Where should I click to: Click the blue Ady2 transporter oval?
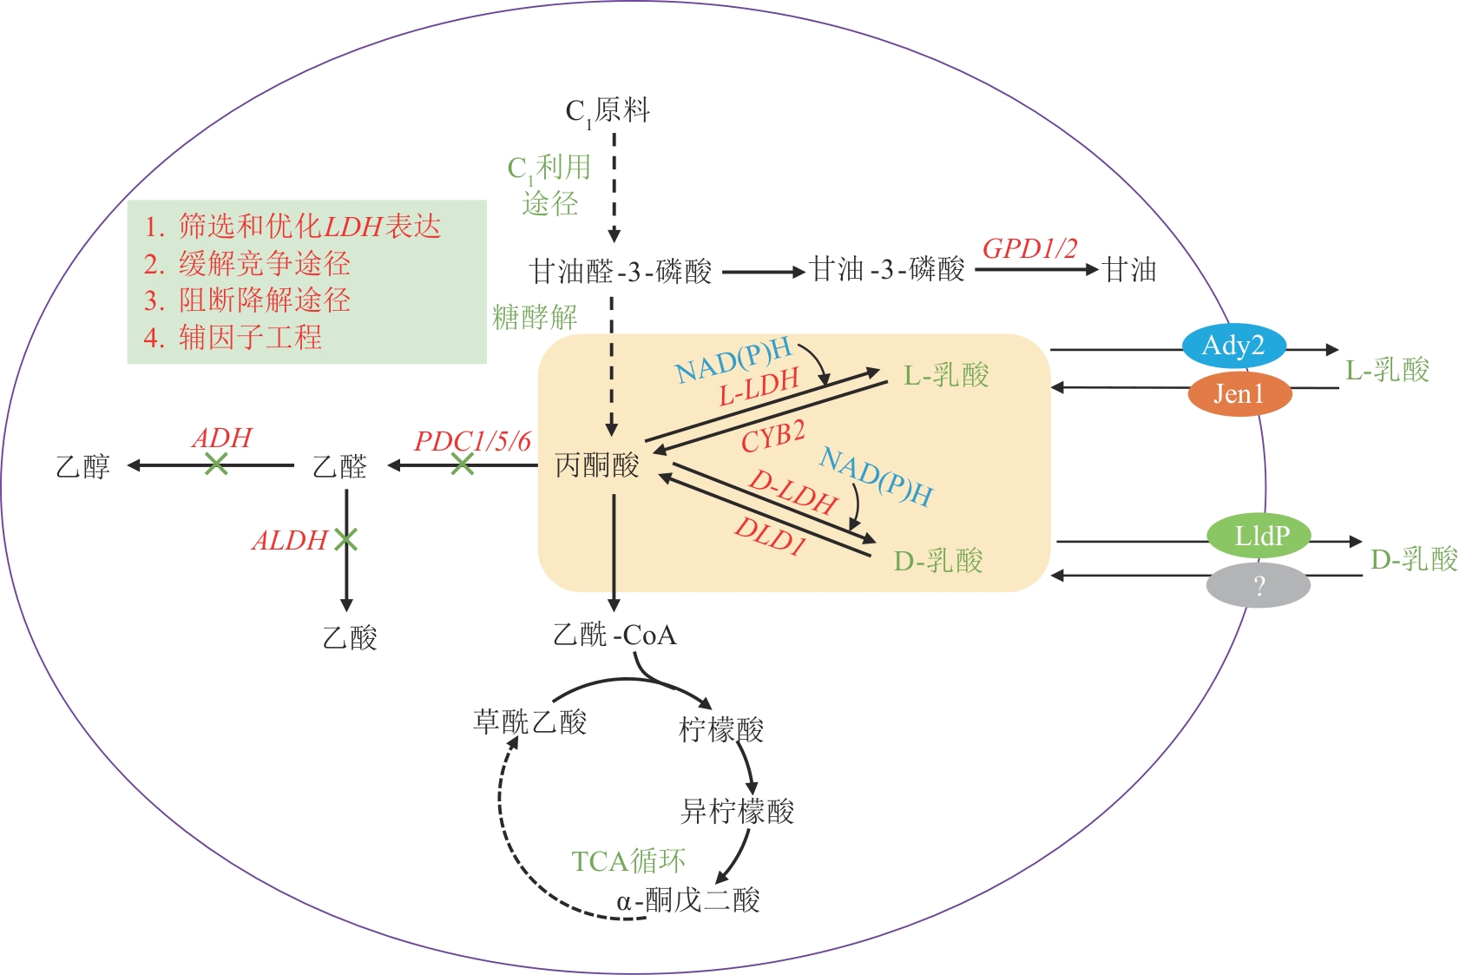1232,346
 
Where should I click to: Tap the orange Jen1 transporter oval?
1239,394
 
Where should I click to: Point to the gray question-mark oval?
1259,586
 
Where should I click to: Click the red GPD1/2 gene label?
1029,249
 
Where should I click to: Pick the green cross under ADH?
216,465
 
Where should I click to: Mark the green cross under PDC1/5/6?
463,465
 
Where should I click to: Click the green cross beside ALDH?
346,540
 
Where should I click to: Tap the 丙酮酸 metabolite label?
597,466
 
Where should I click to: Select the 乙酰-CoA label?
614,636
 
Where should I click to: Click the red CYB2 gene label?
772,437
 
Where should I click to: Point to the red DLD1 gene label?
771,536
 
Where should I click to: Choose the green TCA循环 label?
628,861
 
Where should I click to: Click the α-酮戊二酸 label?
688,900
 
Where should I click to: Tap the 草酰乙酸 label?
529,721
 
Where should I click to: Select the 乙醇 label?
83,467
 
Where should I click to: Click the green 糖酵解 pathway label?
535,317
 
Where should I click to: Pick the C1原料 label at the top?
608,111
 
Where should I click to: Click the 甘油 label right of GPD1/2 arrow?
1130,270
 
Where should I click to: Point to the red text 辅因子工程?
250,337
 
